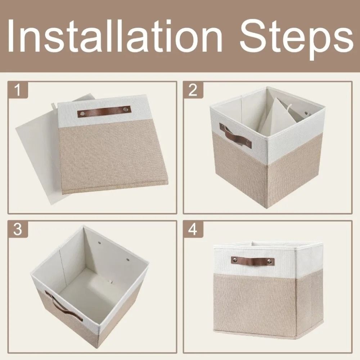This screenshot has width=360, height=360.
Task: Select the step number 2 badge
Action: point(193,90)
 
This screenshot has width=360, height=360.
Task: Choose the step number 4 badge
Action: point(193,229)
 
